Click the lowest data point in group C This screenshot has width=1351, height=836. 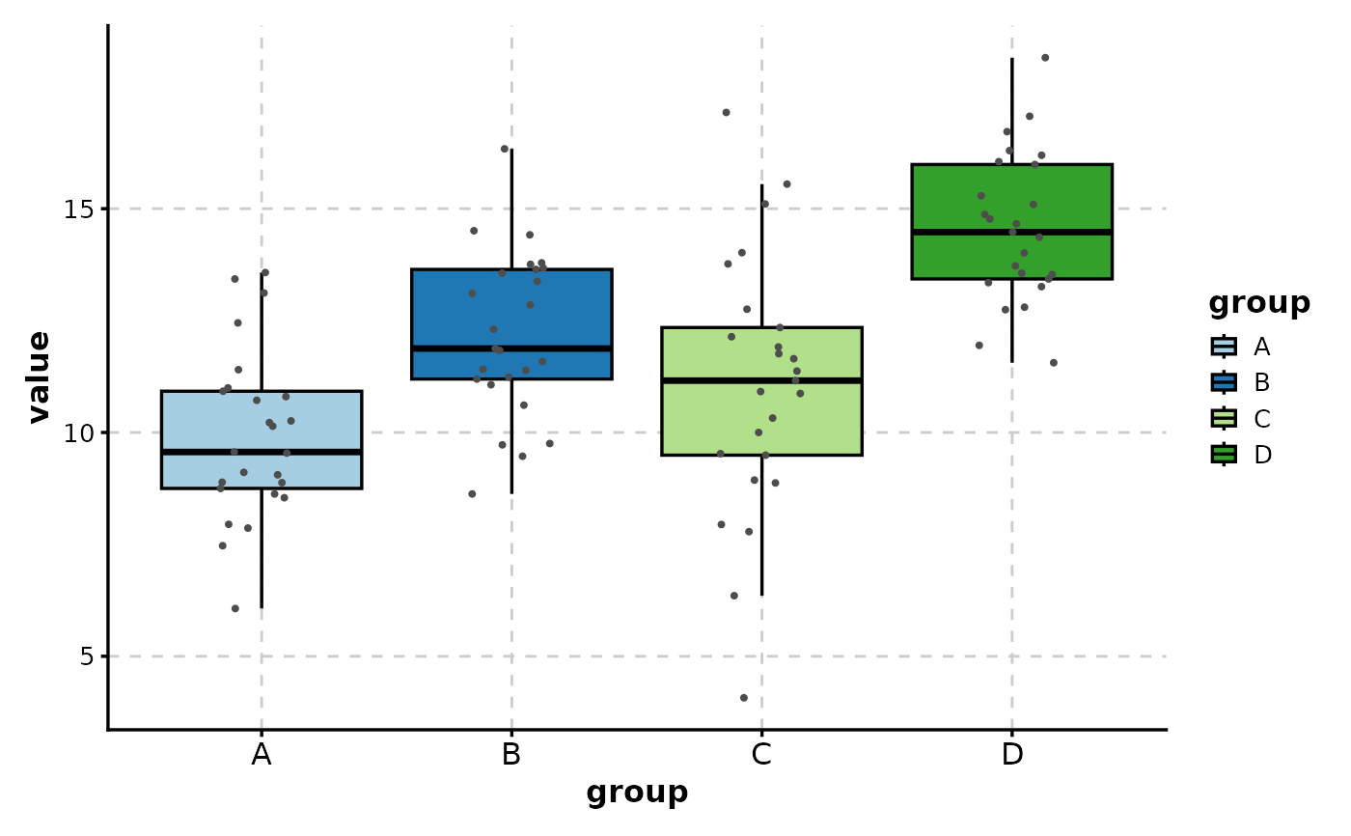pos(743,697)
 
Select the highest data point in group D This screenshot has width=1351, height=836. pos(1044,58)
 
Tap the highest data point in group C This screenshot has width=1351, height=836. pos(726,113)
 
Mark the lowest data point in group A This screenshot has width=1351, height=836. pos(234,608)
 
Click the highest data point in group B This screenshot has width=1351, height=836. pos(504,149)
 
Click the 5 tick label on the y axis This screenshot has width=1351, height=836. pos(85,656)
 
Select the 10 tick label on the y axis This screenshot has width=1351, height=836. pos(79,432)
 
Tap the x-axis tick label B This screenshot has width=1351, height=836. pos(511,754)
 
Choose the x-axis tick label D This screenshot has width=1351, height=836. pos(1011,754)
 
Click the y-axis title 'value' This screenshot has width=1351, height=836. pos(39,376)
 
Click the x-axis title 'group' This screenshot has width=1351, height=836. pos(637,793)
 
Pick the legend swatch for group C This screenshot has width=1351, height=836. pos(1224,418)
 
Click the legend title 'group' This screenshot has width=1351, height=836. pos(1259,303)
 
